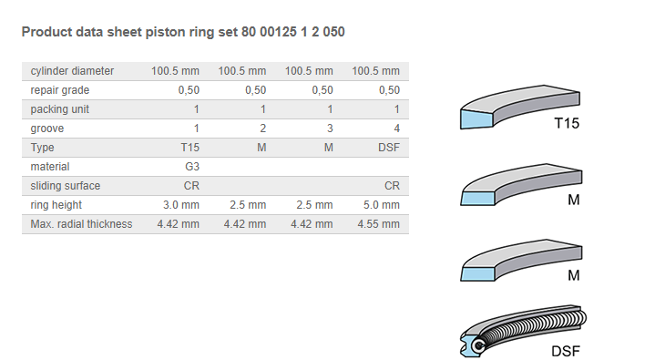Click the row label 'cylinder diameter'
[x=72, y=71]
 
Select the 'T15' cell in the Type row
[x=190, y=148]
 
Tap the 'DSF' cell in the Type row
[x=389, y=148]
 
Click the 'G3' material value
[x=192, y=167]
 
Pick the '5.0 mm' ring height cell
[x=382, y=205]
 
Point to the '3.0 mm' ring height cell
[x=181, y=205]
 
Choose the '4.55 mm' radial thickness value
[x=378, y=224]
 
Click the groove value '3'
[x=330, y=129]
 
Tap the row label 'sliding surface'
[x=66, y=186]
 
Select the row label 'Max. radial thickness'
[x=81, y=224]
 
